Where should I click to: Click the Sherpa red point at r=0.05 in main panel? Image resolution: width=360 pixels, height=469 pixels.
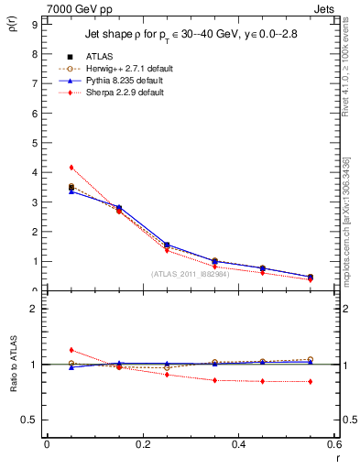coord(71,167)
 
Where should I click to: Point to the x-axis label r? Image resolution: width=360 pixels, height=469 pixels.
coord(338,457)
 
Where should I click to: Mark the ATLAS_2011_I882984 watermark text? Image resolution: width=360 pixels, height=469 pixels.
coord(190,273)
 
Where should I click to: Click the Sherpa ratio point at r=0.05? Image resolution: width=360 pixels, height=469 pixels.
coord(71,350)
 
